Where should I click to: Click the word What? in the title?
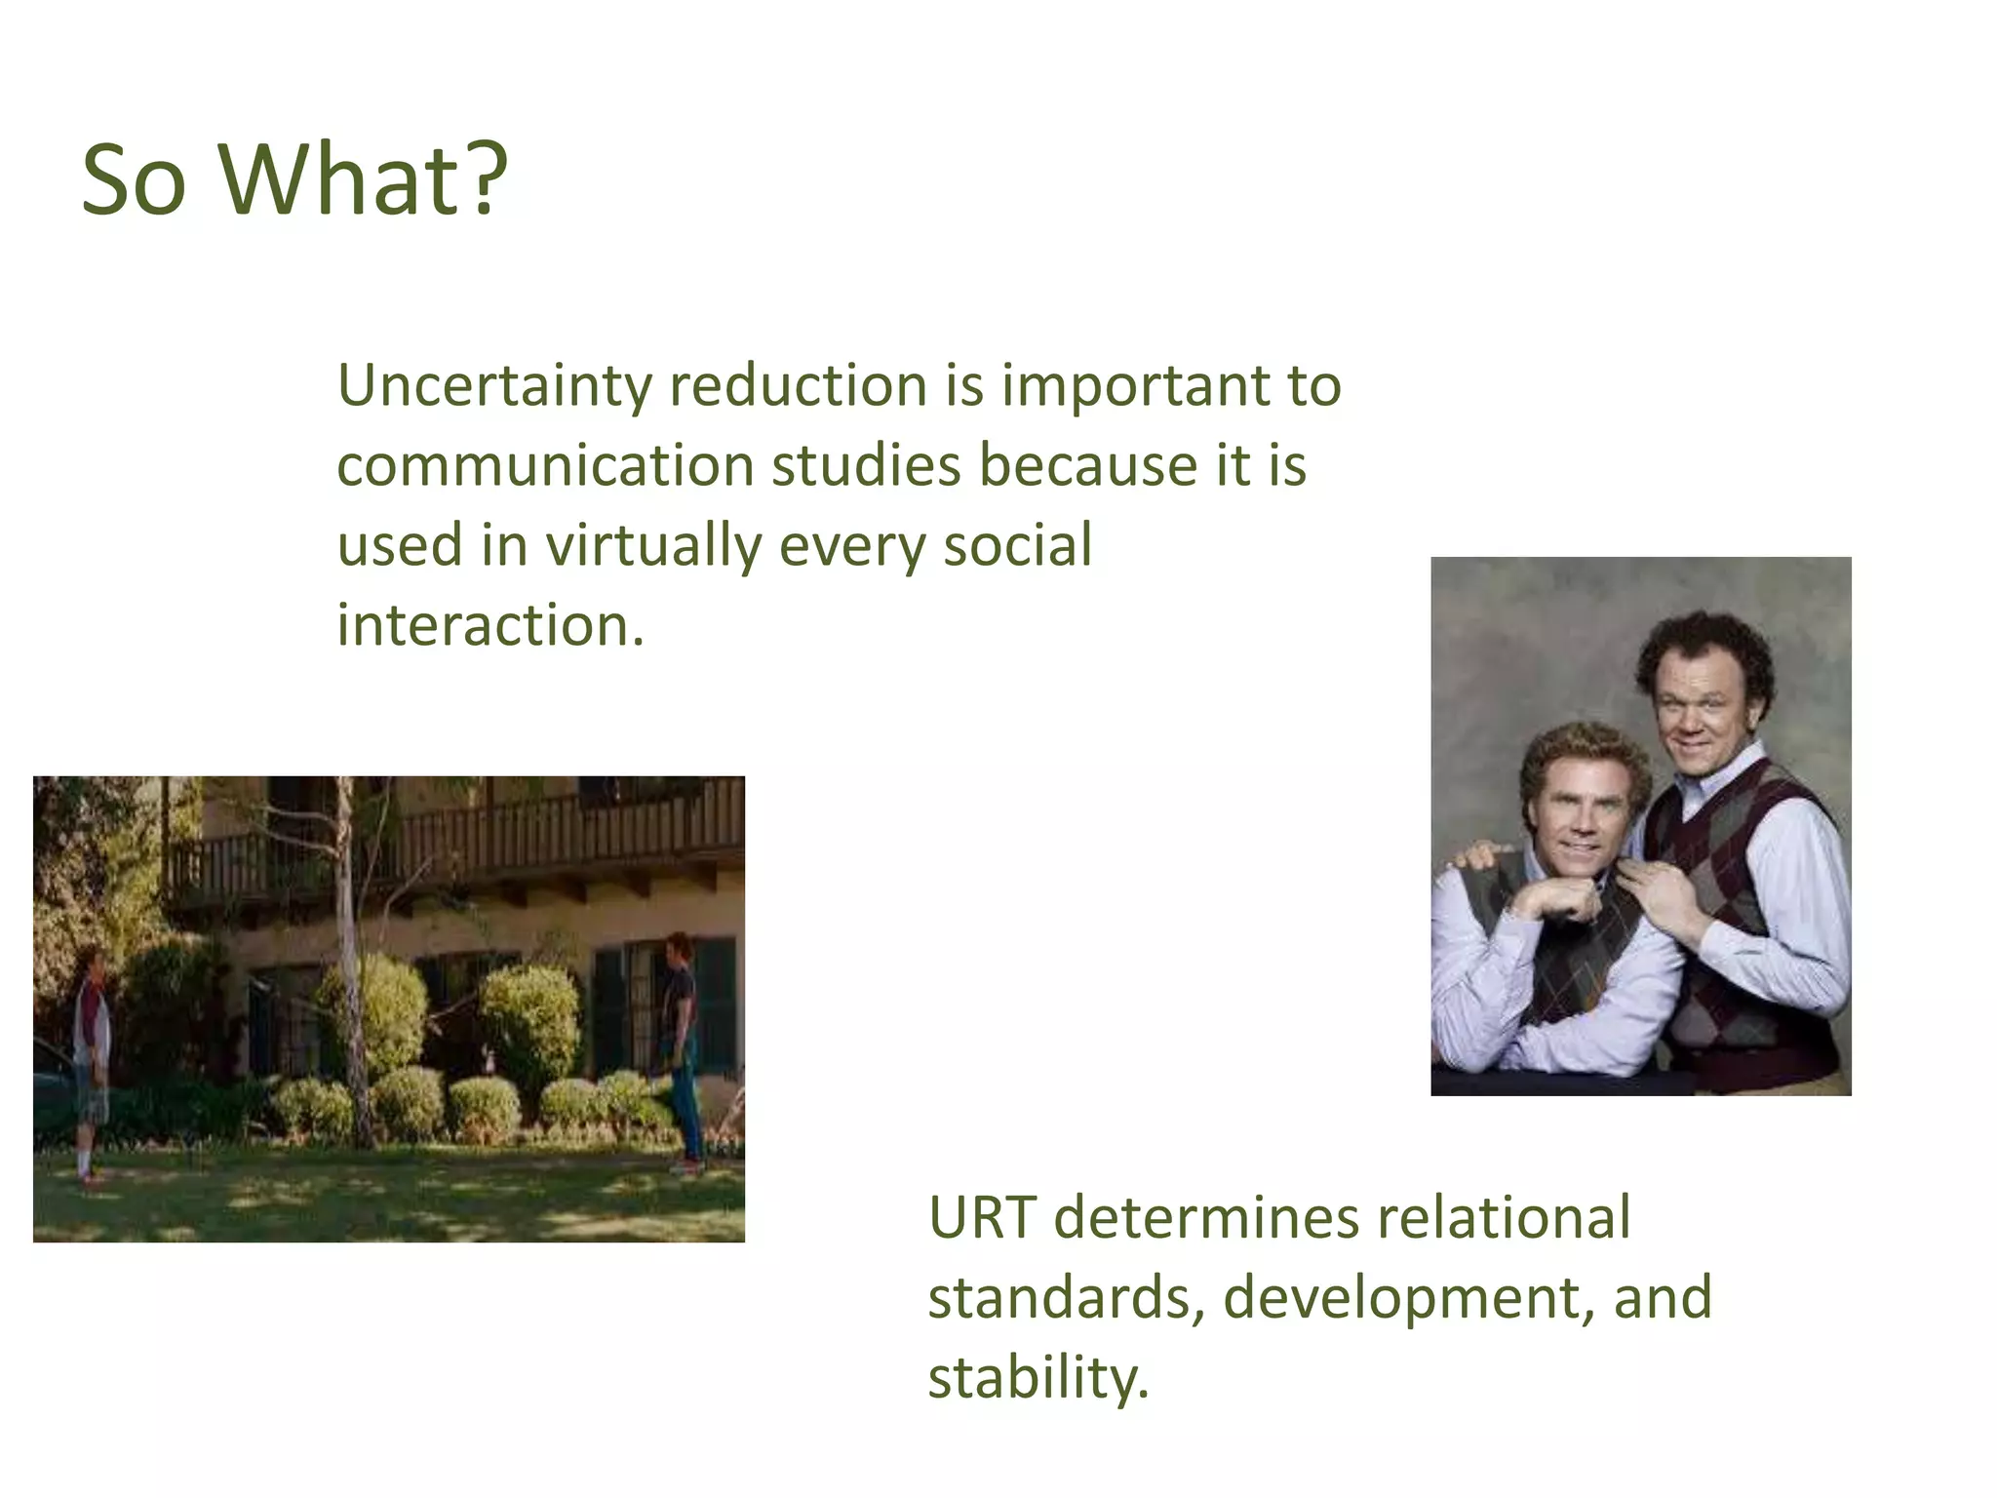[x=363, y=180]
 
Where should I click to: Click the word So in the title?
[x=133, y=180]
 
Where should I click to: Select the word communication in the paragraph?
[x=545, y=465]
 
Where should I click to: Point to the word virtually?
[x=652, y=545]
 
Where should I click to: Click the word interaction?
[x=490, y=625]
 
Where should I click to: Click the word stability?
[x=1038, y=1378]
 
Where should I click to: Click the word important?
[x=1135, y=386]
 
